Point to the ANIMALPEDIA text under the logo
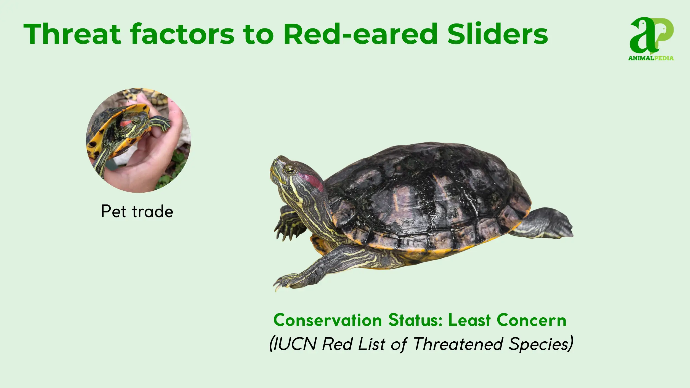[651, 58]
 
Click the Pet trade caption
[137, 211]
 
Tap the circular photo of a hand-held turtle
[138, 140]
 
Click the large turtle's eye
[290, 169]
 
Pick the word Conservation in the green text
[327, 320]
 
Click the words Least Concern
[507, 320]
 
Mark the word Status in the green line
[416, 320]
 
